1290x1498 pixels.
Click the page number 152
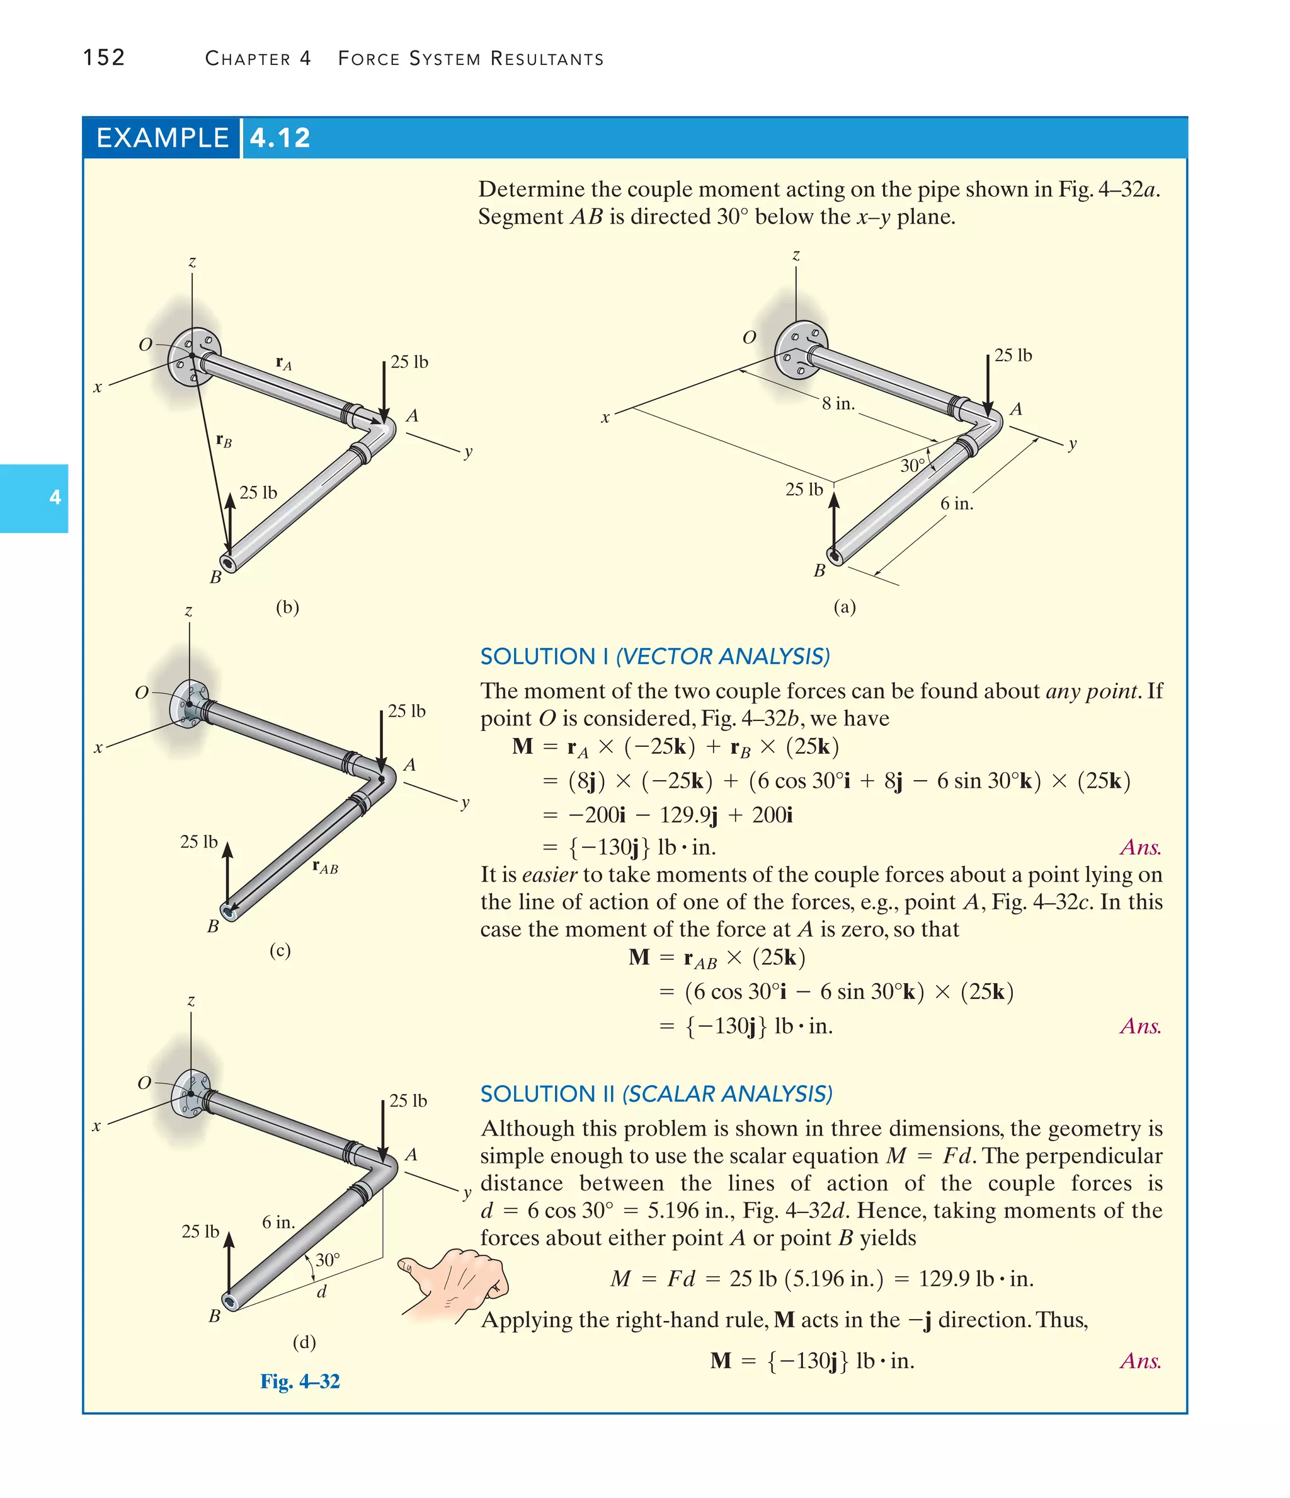coord(104,57)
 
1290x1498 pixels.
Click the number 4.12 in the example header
coord(280,137)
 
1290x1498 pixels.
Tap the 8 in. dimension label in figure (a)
coord(838,403)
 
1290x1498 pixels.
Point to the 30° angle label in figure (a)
coord(912,466)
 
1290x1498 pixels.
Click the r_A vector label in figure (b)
coord(283,362)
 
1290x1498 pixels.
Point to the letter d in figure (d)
coord(322,1291)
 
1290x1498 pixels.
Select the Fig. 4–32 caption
coord(300,1381)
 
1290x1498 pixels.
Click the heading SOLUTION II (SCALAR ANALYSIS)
coord(656,1093)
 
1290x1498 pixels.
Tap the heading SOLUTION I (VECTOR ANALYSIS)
coord(654,656)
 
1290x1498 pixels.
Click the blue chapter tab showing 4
coord(34,497)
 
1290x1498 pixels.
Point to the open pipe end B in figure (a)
coord(836,555)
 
